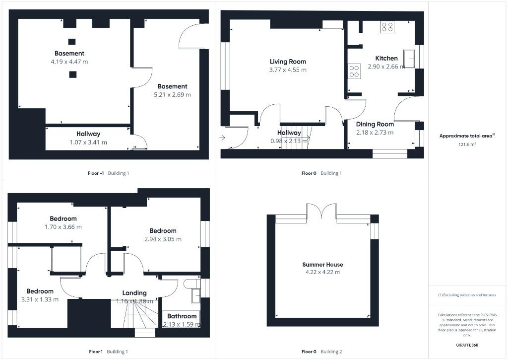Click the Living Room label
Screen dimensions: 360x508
point(288,62)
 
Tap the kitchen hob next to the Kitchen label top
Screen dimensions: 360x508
point(387,27)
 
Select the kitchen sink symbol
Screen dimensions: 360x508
point(410,58)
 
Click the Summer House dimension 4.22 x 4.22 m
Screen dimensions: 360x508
point(322,272)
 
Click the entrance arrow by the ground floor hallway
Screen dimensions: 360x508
point(222,138)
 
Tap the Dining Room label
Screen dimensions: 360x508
point(375,124)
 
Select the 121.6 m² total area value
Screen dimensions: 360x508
point(467,145)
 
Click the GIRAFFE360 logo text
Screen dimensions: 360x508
point(467,345)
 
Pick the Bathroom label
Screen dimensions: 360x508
point(182,316)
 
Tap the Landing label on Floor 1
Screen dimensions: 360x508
point(134,293)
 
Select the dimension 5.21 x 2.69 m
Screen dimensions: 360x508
point(172,94)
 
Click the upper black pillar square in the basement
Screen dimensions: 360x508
point(72,42)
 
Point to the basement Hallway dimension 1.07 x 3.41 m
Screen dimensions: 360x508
point(88,142)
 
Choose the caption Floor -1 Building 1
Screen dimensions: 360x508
point(108,173)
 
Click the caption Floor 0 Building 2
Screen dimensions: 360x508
point(321,352)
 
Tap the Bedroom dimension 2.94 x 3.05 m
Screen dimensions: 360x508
point(163,239)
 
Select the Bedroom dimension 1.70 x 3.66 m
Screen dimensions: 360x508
point(63,227)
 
